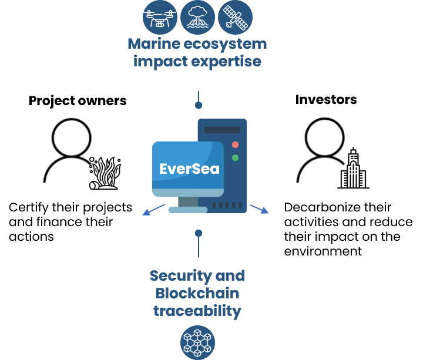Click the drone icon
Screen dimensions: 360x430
coord(160,17)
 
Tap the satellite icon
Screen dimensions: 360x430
coord(235,17)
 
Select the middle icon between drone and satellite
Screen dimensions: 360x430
coord(197,17)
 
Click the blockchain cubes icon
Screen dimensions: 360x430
coord(197,342)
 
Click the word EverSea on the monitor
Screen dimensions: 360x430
coord(189,169)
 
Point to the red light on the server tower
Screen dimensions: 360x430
coord(236,144)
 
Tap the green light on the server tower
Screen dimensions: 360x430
coord(236,157)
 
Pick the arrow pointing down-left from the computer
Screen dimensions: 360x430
coord(153,210)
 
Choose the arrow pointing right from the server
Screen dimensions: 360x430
coord(260,209)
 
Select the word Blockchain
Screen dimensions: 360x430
coord(197,294)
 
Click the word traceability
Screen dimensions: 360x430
coord(197,311)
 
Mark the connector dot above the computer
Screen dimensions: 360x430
coord(199,106)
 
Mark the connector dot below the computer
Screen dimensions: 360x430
coord(199,233)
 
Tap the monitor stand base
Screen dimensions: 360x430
coord(188,210)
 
